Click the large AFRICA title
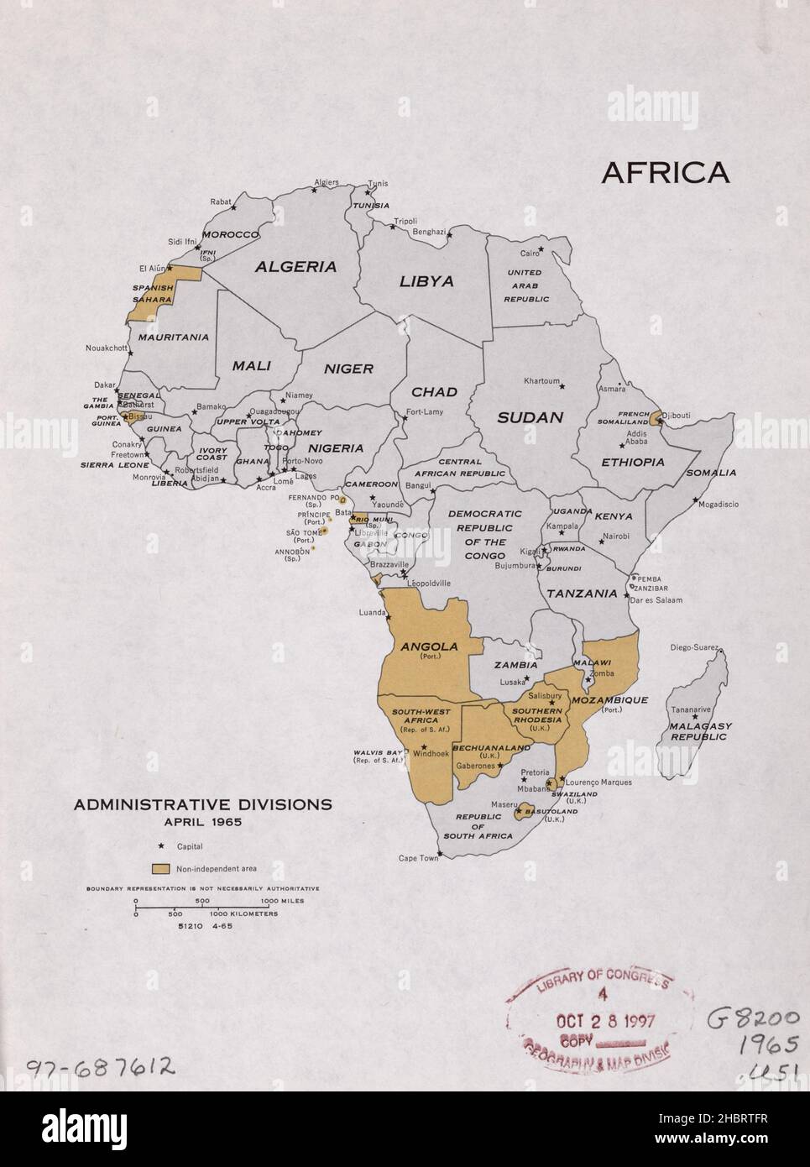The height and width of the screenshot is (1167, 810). point(665,171)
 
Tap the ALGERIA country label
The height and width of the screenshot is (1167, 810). point(295,267)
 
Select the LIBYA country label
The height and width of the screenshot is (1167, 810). point(426,281)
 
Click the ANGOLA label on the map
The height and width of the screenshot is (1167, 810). point(429,646)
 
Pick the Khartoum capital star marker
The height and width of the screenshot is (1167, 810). point(562,386)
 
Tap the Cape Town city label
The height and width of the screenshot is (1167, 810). point(418,858)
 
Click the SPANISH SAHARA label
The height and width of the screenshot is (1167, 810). point(153,292)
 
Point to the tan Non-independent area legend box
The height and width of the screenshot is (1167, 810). point(161,868)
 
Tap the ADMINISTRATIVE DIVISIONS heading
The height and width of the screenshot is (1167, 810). point(202,804)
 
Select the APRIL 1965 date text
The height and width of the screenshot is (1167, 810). point(202,822)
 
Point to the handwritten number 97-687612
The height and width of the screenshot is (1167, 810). point(102,1067)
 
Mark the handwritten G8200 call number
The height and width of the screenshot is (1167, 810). point(753,1019)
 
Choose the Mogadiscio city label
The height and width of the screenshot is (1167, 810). point(716,505)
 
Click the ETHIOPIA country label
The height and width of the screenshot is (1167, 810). point(632,462)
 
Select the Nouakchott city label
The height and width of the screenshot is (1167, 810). point(107,348)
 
